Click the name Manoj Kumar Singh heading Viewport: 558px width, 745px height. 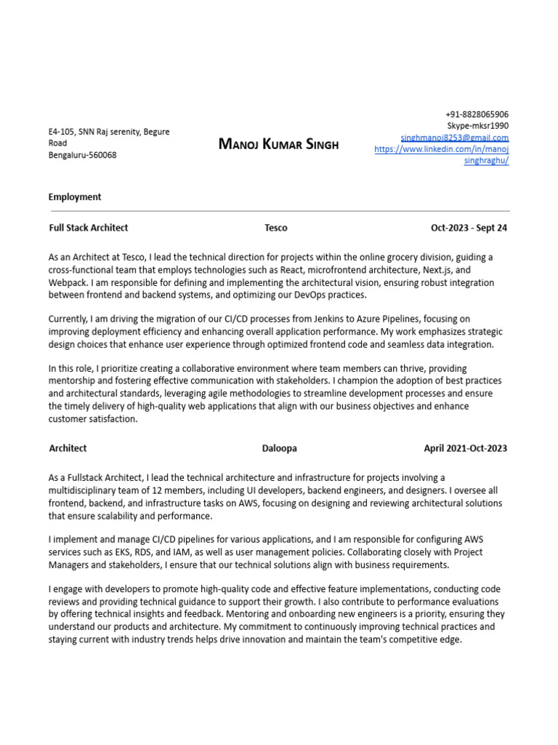pos(278,144)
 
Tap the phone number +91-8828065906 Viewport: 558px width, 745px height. pos(477,114)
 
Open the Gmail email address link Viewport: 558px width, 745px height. pos(454,138)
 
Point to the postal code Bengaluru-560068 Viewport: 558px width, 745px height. pos(82,155)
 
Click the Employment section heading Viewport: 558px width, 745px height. pos(75,197)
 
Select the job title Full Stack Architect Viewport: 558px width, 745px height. pos(88,228)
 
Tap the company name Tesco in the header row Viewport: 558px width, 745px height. pos(276,228)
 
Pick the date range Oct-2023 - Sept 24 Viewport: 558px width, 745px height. pos(469,228)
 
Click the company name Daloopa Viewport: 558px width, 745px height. pos(280,448)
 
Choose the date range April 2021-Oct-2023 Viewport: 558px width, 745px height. pos(466,448)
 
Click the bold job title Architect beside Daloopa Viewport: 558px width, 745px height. pos(68,448)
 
